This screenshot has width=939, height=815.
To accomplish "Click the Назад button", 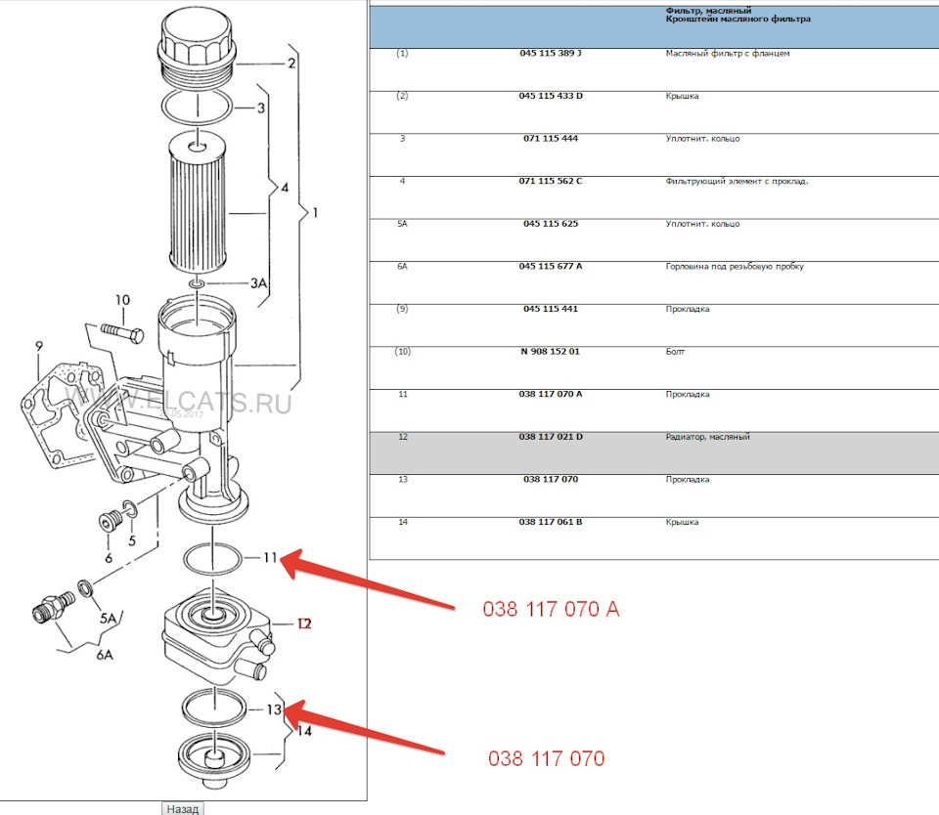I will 182,808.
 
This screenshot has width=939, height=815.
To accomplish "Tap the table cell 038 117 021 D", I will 551,437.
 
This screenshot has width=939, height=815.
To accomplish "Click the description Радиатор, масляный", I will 703,437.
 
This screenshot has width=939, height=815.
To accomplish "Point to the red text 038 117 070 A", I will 551,610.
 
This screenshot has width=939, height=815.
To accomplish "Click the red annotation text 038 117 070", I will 546,758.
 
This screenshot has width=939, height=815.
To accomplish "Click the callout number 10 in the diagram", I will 121,300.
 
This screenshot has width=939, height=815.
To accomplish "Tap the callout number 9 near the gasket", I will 39,346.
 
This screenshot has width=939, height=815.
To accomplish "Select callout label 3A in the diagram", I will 258,283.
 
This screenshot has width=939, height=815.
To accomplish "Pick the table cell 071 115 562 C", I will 551,181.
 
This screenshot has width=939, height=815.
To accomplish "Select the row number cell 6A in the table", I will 402,267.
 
